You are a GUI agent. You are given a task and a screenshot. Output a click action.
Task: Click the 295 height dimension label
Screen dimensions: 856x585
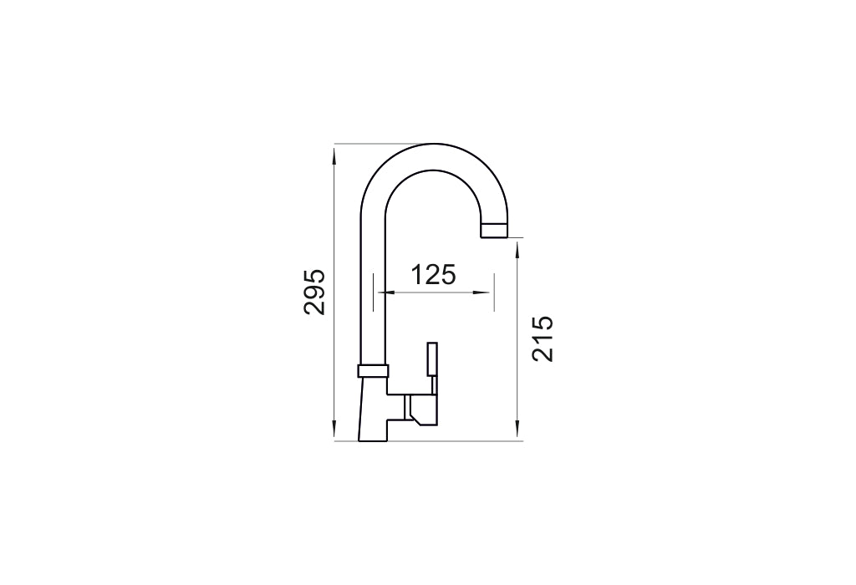(x=315, y=292)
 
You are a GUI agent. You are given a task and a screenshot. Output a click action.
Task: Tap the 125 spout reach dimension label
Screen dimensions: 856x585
(x=432, y=275)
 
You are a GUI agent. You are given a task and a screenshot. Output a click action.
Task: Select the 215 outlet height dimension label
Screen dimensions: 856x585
(x=543, y=338)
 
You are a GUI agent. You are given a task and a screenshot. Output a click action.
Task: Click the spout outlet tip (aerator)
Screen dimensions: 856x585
(x=494, y=231)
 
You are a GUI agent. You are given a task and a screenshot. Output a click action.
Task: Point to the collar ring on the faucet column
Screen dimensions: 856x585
(x=374, y=370)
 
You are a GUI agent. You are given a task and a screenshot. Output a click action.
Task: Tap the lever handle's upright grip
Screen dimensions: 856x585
(x=432, y=359)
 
